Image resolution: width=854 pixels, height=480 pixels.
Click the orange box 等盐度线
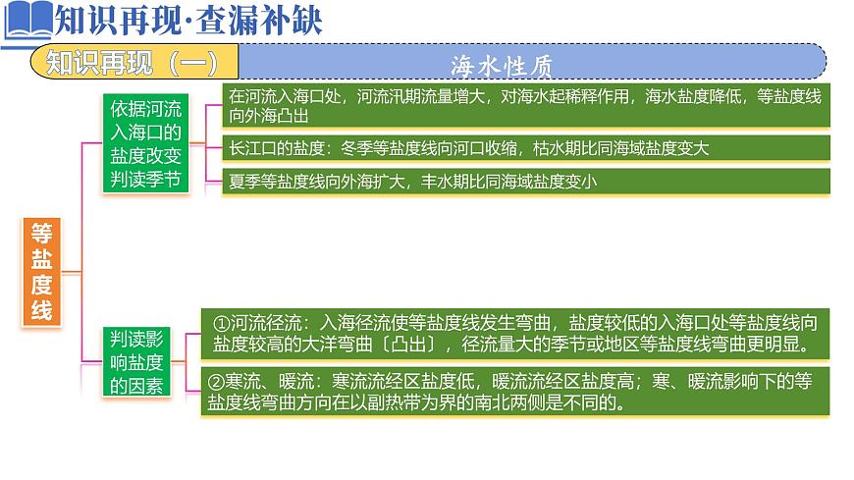pyautogui.click(x=41, y=272)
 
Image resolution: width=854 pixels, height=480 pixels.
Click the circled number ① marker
pyautogui.click(x=221, y=323)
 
